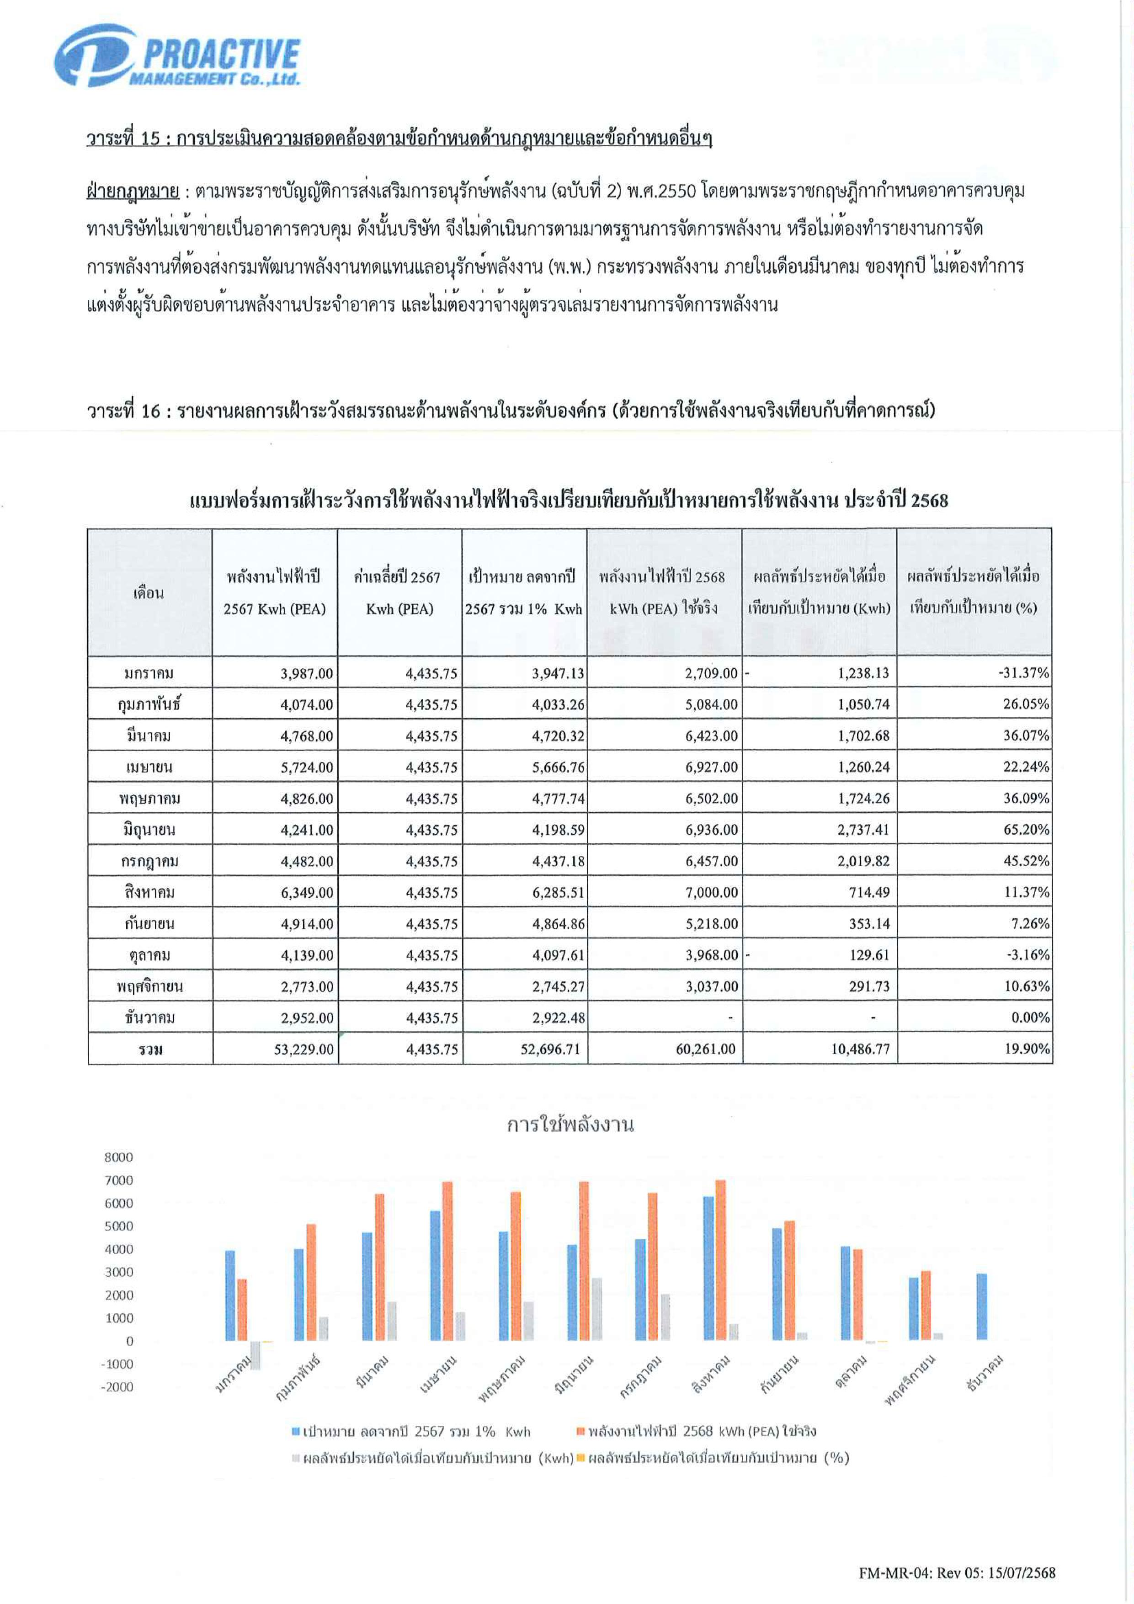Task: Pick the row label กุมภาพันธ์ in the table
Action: pyautogui.click(x=149, y=704)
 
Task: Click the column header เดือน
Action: pyautogui.click(x=149, y=592)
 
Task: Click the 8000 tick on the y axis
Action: pyautogui.click(x=118, y=1157)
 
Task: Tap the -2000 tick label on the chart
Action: pyautogui.click(x=117, y=1387)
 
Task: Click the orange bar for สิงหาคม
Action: pyautogui.click(x=720, y=1260)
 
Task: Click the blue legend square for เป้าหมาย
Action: pyautogui.click(x=296, y=1432)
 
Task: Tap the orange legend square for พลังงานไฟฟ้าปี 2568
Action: pyautogui.click(x=580, y=1432)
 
